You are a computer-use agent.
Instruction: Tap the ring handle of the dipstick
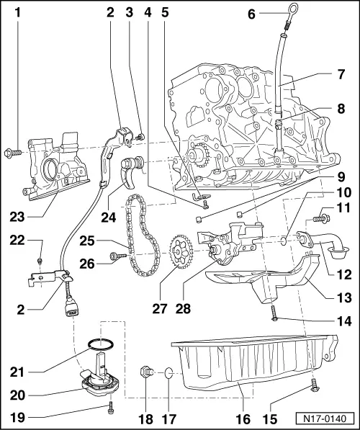(276, 15)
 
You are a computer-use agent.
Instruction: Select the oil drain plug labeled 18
(146, 372)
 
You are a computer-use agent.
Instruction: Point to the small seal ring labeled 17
(166, 373)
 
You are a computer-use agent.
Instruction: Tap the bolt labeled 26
(115, 255)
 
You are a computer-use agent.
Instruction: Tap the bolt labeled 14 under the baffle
(275, 311)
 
